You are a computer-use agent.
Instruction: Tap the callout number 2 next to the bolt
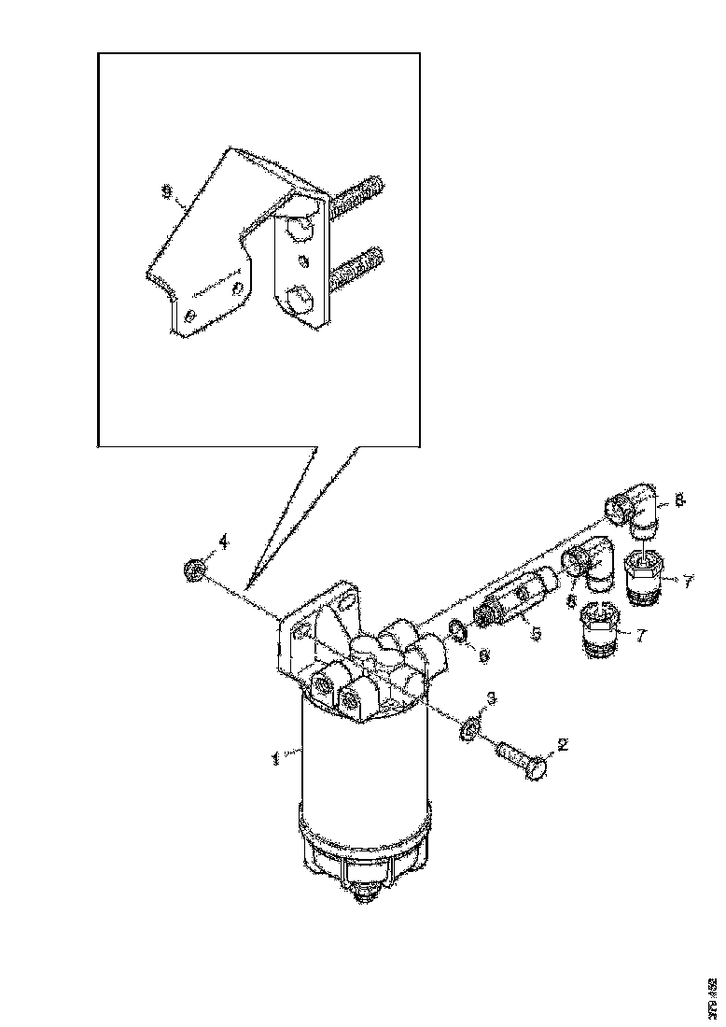pyautogui.click(x=562, y=745)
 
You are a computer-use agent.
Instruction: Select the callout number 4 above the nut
pyautogui.click(x=223, y=542)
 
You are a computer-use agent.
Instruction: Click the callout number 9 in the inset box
pyautogui.click(x=167, y=192)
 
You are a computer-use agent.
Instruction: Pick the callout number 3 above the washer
pyautogui.click(x=492, y=699)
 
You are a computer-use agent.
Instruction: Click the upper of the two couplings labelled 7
pyautogui.click(x=644, y=575)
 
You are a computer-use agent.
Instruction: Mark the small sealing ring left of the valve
pyautogui.click(x=459, y=632)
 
